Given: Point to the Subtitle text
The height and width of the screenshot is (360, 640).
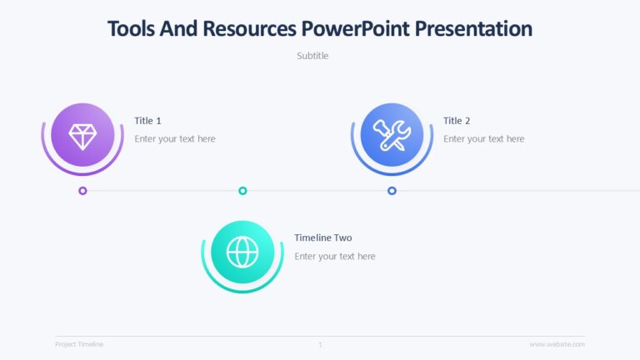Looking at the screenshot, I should [x=312, y=56].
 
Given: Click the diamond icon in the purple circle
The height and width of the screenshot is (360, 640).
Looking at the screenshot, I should [x=82, y=135].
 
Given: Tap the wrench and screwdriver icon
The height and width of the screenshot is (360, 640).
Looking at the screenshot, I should [x=392, y=135].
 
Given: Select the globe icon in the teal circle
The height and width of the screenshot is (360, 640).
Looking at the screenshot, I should [x=242, y=252].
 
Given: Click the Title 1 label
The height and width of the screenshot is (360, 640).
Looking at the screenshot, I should [x=147, y=121].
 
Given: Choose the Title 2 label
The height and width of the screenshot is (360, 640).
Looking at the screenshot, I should [x=457, y=121].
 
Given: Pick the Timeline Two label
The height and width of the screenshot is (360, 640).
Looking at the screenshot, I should [x=322, y=238].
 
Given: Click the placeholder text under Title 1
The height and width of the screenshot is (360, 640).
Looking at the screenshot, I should [x=175, y=139].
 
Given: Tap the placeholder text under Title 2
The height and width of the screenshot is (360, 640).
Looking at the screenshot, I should [x=483, y=139].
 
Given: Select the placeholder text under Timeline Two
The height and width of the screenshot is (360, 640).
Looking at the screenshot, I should [x=335, y=257].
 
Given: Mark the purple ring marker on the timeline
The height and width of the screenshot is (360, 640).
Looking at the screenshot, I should [x=82, y=191].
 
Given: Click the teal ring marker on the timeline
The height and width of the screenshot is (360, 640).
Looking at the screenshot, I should [x=242, y=191].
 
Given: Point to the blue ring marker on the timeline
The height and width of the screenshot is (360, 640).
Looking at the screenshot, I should [x=392, y=191].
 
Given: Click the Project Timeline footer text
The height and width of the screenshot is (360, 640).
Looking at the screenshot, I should [x=79, y=344].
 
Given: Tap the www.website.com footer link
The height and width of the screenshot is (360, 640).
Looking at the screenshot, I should [x=557, y=344].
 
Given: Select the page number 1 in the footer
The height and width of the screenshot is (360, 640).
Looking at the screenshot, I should [x=320, y=344].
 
